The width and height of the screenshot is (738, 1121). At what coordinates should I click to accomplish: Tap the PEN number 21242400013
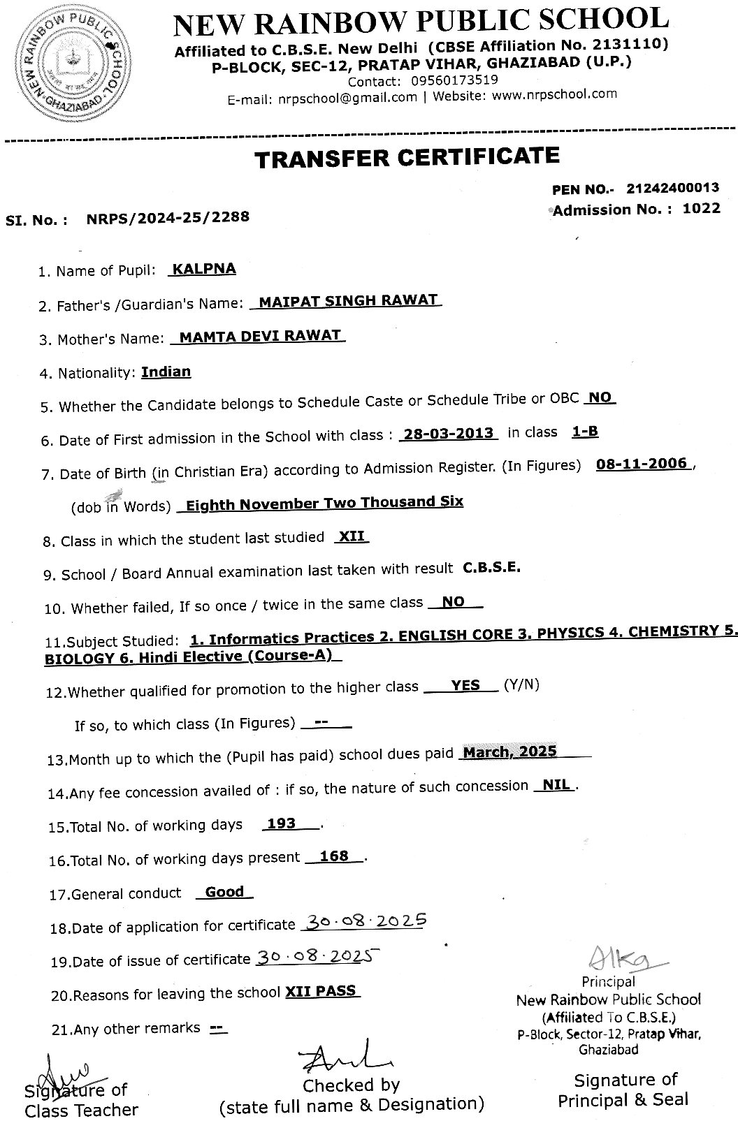[x=672, y=189]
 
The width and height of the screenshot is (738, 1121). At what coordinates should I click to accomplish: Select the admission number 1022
[x=701, y=208]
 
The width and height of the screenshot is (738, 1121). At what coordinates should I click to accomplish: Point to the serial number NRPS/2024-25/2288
[x=168, y=218]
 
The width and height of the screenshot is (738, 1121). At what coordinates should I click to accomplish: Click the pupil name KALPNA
[x=204, y=269]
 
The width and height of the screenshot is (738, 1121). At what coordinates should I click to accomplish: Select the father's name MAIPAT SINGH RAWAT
[x=348, y=301]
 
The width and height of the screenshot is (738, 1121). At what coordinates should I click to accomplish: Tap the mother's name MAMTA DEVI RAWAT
[x=260, y=336]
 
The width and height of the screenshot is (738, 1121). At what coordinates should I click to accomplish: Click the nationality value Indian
[x=166, y=372]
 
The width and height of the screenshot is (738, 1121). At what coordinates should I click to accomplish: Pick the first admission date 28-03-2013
[x=449, y=433]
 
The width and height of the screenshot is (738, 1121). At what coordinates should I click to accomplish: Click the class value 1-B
[x=585, y=432]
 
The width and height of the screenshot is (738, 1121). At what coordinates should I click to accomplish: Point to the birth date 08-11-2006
[x=642, y=464]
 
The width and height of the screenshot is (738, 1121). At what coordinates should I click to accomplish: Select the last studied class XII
[x=352, y=536]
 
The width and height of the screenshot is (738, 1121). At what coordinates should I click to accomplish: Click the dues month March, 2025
[x=510, y=752]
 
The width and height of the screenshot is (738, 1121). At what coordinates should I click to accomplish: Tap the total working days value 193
[x=282, y=823]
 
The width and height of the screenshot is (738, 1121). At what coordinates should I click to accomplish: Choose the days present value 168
[x=333, y=856]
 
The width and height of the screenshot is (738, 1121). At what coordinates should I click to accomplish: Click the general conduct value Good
[x=225, y=892]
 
